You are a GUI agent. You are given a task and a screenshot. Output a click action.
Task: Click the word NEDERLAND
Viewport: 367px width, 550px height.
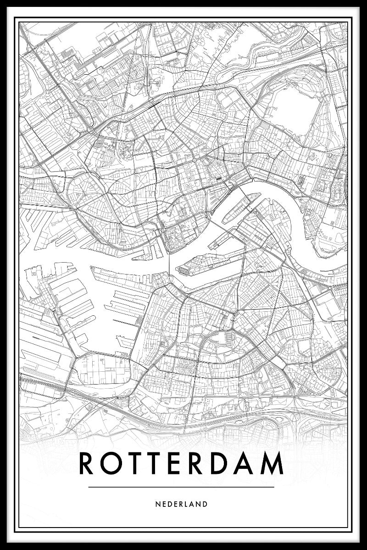click(x=181, y=504)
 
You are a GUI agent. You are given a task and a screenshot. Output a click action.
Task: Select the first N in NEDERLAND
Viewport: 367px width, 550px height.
click(x=157, y=504)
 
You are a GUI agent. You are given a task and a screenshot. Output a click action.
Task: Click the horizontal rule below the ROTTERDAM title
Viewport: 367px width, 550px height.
click(x=181, y=487)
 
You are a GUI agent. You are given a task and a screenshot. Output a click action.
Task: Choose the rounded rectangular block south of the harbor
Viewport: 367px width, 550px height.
click(x=103, y=369)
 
